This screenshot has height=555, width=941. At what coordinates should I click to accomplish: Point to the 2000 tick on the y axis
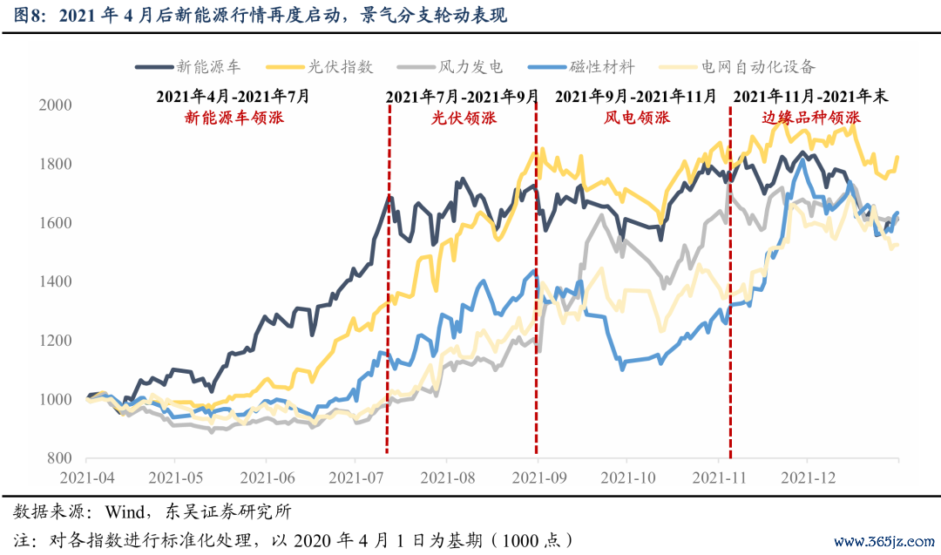click(x=55, y=105)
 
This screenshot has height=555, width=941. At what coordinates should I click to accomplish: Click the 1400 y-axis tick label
click(x=55, y=281)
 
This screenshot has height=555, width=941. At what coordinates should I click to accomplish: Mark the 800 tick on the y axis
click(x=59, y=458)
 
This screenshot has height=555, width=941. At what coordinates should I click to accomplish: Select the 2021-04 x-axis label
click(x=87, y=477)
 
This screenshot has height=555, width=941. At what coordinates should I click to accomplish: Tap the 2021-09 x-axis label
click(x=539, y=477)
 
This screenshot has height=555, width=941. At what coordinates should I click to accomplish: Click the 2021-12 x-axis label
click(x=808, y=477)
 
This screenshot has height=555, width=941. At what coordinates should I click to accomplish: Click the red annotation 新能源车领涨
click(x=234, y=117)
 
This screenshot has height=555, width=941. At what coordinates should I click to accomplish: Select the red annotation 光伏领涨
click(x=464, y=117)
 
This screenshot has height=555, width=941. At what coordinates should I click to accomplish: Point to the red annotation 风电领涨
click(x=637, y=117)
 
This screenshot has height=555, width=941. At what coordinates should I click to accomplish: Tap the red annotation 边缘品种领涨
click(x=811, y=117)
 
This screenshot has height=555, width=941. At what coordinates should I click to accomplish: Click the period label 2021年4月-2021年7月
click(x=233, y=96)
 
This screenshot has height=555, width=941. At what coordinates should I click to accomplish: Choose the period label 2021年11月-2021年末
click(x=811, y=96)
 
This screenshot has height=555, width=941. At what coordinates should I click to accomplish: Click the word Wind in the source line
click(x=125, y=511)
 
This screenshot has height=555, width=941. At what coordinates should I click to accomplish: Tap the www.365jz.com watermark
click(x=884, y=541)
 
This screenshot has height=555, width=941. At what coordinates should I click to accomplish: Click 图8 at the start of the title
click(x=26, y=15)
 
